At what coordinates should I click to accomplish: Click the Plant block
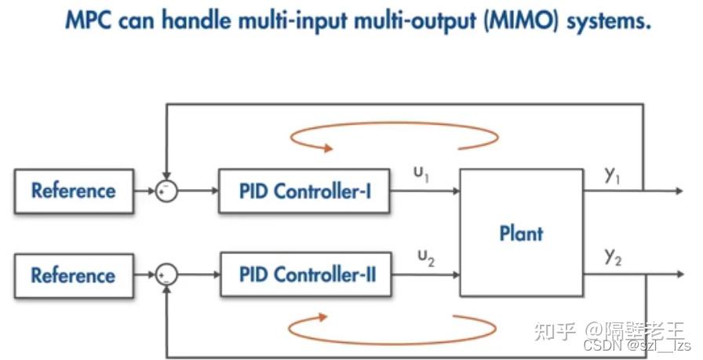(522, 233)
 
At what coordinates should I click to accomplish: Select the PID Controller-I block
(304, 191)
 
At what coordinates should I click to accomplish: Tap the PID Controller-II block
(306, 275)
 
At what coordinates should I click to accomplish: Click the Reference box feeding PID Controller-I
(74, 191)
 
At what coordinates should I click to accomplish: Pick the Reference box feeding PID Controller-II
(74, 275)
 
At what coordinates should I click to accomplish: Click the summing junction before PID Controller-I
(166, 191)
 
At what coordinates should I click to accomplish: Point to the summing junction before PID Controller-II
(166, 275)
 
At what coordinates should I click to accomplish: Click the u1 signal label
(421, 173)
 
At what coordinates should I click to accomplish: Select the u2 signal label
(426, 257)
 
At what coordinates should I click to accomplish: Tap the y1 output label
(612, 175)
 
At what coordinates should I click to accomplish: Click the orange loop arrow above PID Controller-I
(394, 136)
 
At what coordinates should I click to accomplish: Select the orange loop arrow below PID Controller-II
(392, 329)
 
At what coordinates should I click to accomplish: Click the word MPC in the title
(89, 20)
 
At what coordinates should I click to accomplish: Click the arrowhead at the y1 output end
(679, 191)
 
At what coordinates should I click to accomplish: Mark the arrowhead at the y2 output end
(680, 274)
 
